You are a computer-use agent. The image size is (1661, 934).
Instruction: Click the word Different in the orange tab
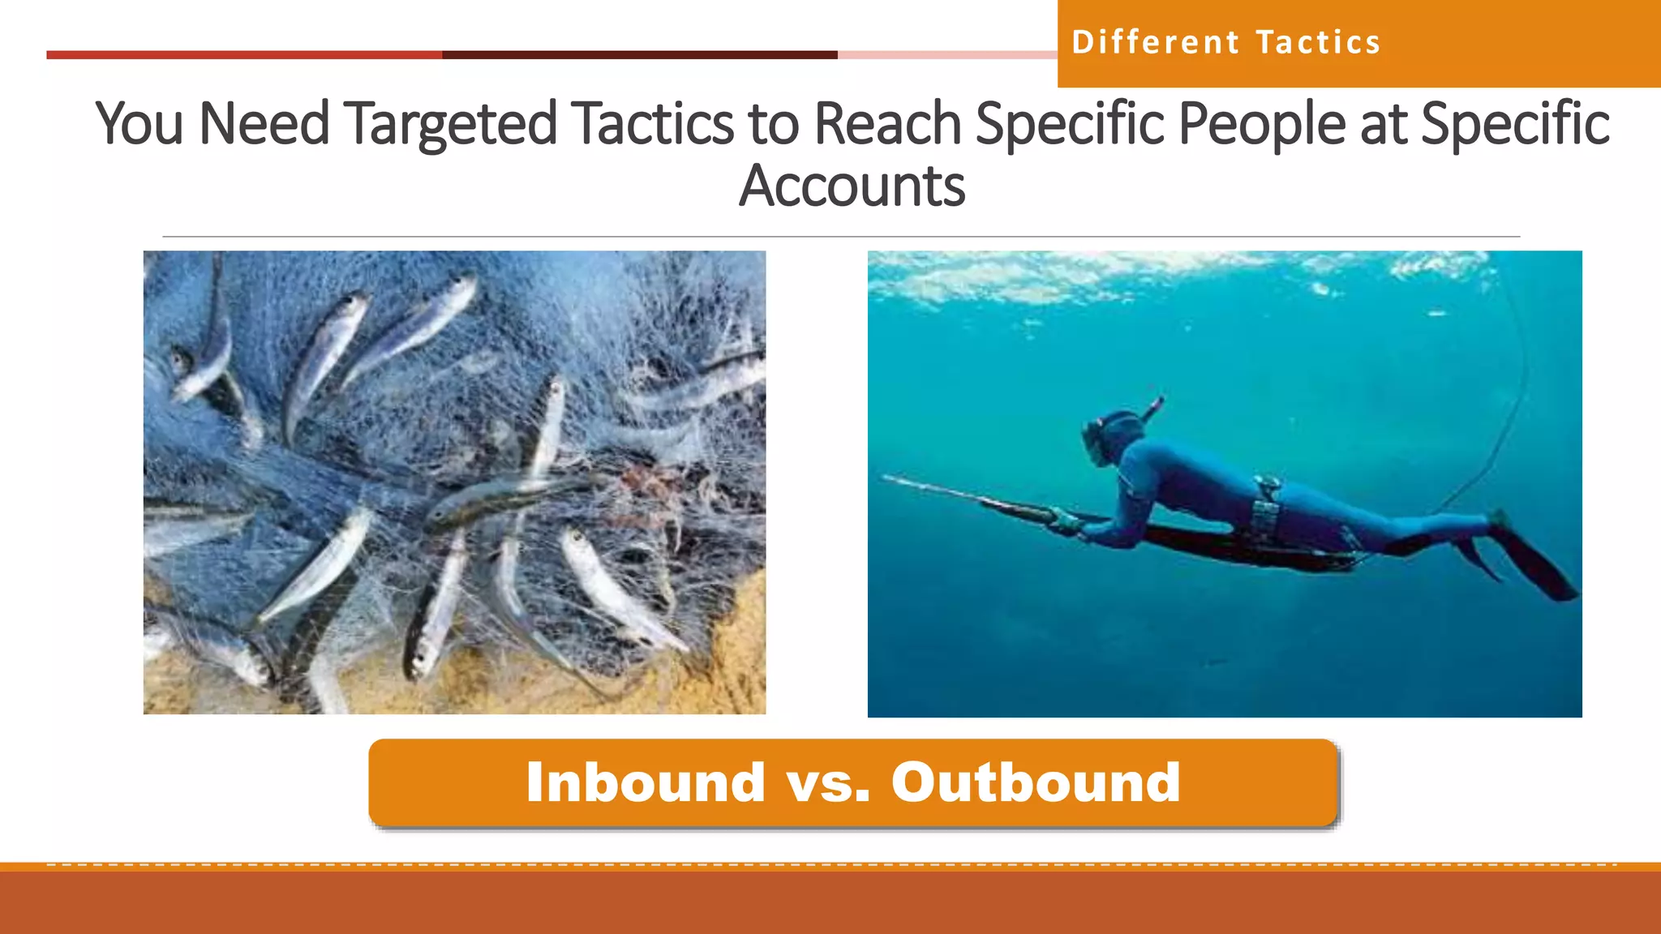click(1155, 42)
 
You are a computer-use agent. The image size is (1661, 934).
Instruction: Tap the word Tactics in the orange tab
click(1318, 42)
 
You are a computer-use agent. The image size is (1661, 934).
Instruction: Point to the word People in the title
click(1261, 124)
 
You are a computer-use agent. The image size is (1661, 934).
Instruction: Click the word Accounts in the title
click(852, 186)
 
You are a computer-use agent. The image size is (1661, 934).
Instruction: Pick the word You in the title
click(139, 124)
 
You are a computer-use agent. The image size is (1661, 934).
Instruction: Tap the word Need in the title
click(264, 124)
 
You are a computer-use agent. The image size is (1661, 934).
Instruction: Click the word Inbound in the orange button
click(646, 782)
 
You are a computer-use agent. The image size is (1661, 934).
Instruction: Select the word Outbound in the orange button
click(1036, 782)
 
